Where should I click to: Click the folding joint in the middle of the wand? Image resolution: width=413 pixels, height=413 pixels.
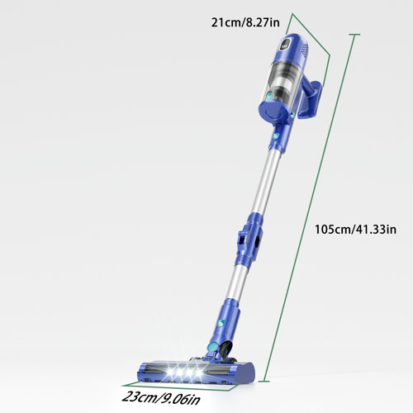(248, 240)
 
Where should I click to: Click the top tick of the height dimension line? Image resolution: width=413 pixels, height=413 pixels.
(354, 35)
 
